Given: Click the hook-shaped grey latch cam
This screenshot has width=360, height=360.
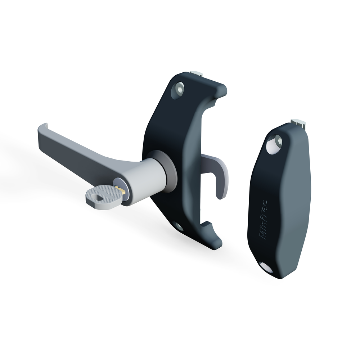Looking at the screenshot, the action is (218, 170).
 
